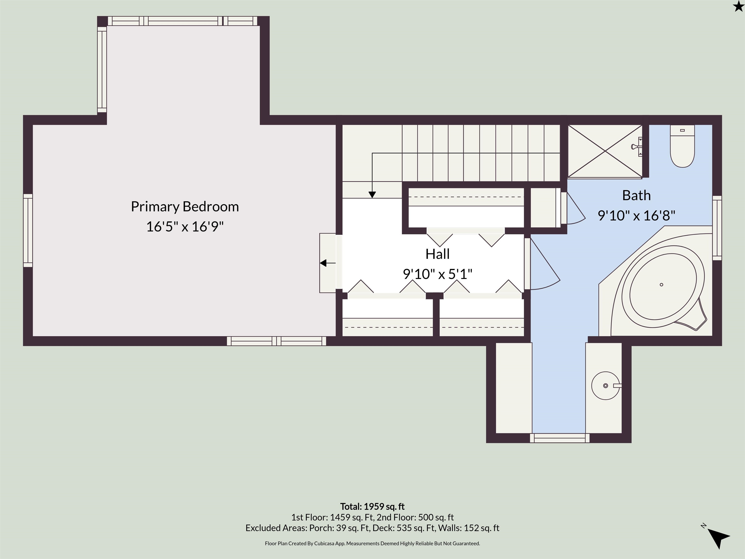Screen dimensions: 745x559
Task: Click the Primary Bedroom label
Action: pyautogui.click(x=185, y=206)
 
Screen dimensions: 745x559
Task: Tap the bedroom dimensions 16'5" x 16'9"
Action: pyautogui.click(x=185, y=226)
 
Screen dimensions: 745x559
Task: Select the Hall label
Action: pyautogui.click(x=437, y=254)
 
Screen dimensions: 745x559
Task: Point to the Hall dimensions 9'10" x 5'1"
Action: pyautogui.click(x=437, y=274)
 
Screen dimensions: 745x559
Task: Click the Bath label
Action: pyautogui.click(x=636, y=195)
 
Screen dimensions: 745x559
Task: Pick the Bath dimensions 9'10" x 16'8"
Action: pyautogui.click(x=636, y=215)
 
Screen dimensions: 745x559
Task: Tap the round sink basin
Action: pyautogui.click(x=606, y=386)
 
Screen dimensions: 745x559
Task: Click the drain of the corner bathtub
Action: pyautogui.click(x=662, y=285)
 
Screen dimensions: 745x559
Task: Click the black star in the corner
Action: pyautogui.click(x=738, y=6)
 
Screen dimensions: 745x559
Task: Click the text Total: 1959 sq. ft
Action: pyautogui.click(x=372, y=506)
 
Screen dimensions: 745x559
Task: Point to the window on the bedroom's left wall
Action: pyautogui.click(x=28, y=230)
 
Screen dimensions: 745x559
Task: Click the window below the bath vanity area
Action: pyautogui.click(x=560, y=438)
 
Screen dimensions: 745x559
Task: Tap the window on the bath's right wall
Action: pyautogui.click(x=717, y=228)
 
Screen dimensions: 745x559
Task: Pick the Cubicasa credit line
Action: pyautogui.click(x=372, y=543)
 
